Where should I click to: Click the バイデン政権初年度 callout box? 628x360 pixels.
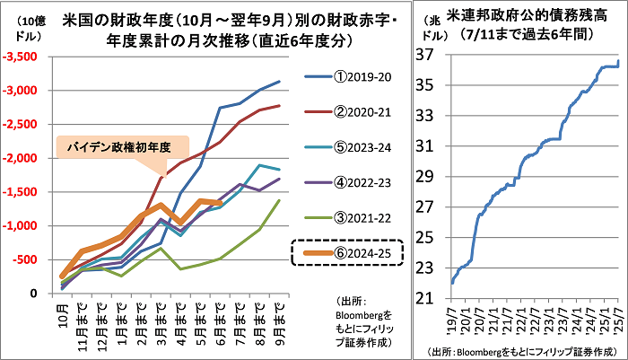point(123,146)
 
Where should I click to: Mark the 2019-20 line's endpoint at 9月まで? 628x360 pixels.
point(280,82)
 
